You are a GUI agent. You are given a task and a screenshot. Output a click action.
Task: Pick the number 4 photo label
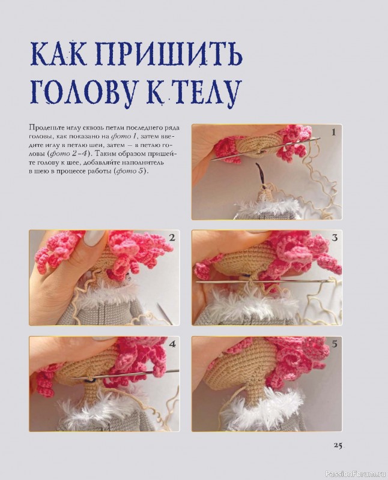pos(172,344)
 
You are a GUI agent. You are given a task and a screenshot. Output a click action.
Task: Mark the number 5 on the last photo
pos(334,344)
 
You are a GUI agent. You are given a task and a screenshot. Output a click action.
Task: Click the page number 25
pos(335,445)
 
